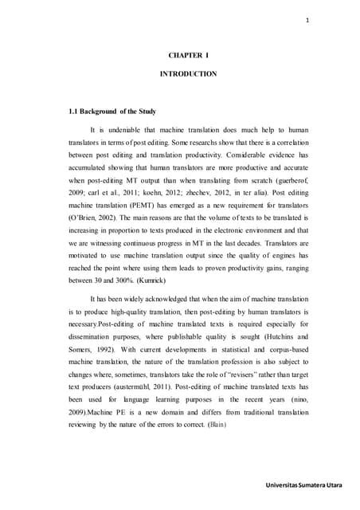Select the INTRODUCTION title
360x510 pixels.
click(184, 73)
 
